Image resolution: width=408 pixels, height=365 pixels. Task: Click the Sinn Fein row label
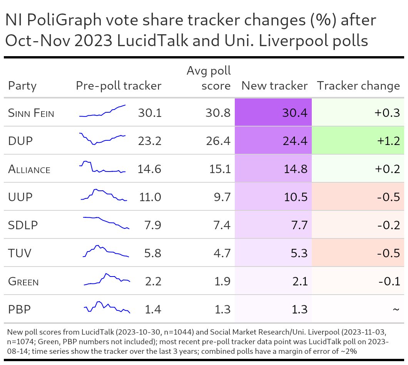[31, 113]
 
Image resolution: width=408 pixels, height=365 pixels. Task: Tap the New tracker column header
[274, 86]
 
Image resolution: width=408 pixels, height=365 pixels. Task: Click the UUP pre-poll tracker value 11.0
[149, 197]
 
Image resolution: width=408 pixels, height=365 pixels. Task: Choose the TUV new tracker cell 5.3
[298, 253]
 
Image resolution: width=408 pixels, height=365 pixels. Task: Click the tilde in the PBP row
[396, 309]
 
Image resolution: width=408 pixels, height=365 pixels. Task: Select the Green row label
[23, 282]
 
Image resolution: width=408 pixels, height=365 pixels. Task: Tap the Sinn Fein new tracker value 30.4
[294, 113]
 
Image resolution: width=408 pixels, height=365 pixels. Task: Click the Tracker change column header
[358, 86]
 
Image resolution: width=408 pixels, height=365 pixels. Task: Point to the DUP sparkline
[102, 139]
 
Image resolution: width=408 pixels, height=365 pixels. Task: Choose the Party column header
[22, 86]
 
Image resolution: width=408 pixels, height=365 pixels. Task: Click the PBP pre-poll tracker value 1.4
[153, 309]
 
